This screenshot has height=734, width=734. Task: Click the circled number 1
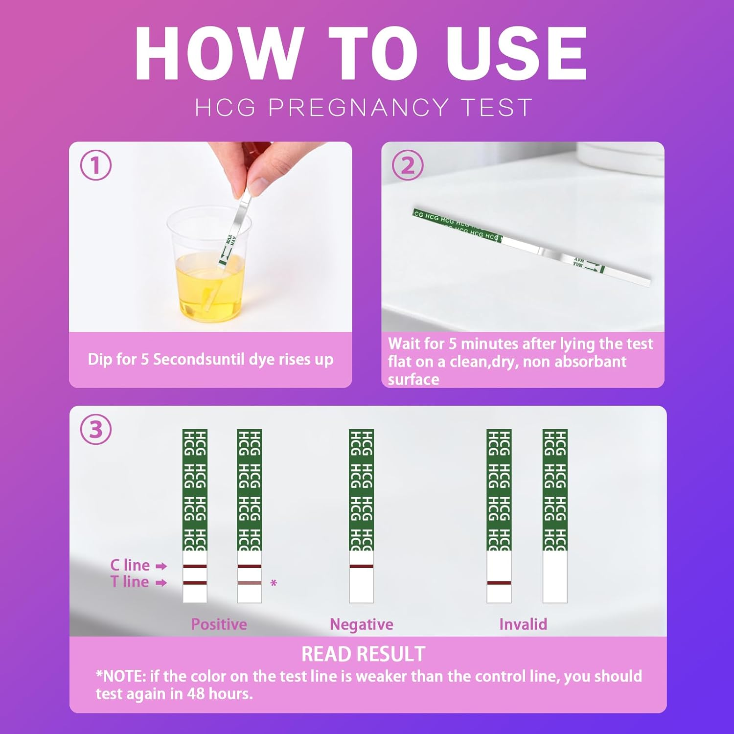[x=95, y=165]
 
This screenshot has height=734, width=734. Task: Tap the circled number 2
[x=408, y=165]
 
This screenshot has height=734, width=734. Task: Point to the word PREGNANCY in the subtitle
[x=358, y=108]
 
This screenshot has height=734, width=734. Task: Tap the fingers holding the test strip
[x=245, y=166]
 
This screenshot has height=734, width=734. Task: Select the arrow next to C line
[x=161, y=566]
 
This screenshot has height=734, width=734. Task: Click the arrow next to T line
[x=161, y=583]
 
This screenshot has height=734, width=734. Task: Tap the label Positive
[x=219, y=624]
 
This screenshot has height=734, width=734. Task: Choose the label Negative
[x=361, y=624]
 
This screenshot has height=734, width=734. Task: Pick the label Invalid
[x=523, y=624]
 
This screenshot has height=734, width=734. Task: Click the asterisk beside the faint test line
[x=274, y=583]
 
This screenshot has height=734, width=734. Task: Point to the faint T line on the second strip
[x=250, y=583]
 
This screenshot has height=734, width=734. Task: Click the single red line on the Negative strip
[x=361, y=566]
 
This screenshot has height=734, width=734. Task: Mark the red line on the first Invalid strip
[x=499, y=583]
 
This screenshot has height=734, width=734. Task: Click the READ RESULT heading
[x=363, y=654]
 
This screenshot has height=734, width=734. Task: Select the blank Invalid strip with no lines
[x=555, y=577]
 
